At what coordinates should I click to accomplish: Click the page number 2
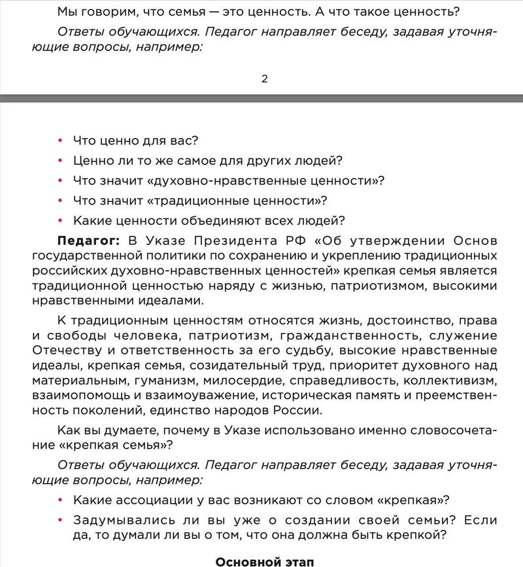[265, 79]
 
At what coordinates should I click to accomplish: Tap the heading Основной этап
[264, 560]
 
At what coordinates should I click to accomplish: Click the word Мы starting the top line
[66, 11]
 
